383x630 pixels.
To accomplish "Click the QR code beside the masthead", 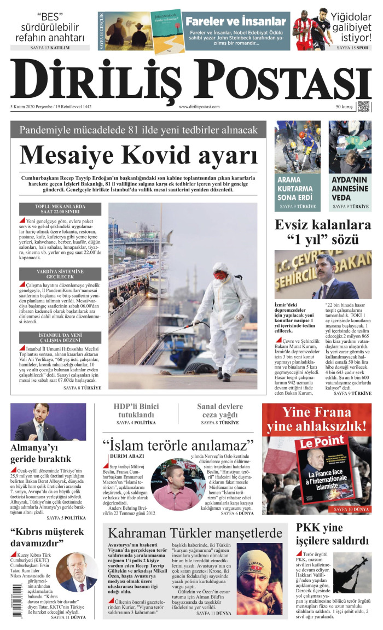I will point(364,106).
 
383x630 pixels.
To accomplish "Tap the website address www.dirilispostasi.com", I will point(199,107).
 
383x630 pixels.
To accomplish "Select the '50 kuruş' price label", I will point(344,107).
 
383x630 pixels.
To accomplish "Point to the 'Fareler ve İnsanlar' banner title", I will point(236,22).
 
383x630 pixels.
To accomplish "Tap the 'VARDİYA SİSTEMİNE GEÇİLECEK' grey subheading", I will point(61,273).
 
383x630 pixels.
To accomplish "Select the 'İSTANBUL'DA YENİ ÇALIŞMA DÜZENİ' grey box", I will point(61,337).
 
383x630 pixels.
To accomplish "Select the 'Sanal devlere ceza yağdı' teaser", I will point(220,410).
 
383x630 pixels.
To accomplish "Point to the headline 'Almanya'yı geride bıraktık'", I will point(41,453).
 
